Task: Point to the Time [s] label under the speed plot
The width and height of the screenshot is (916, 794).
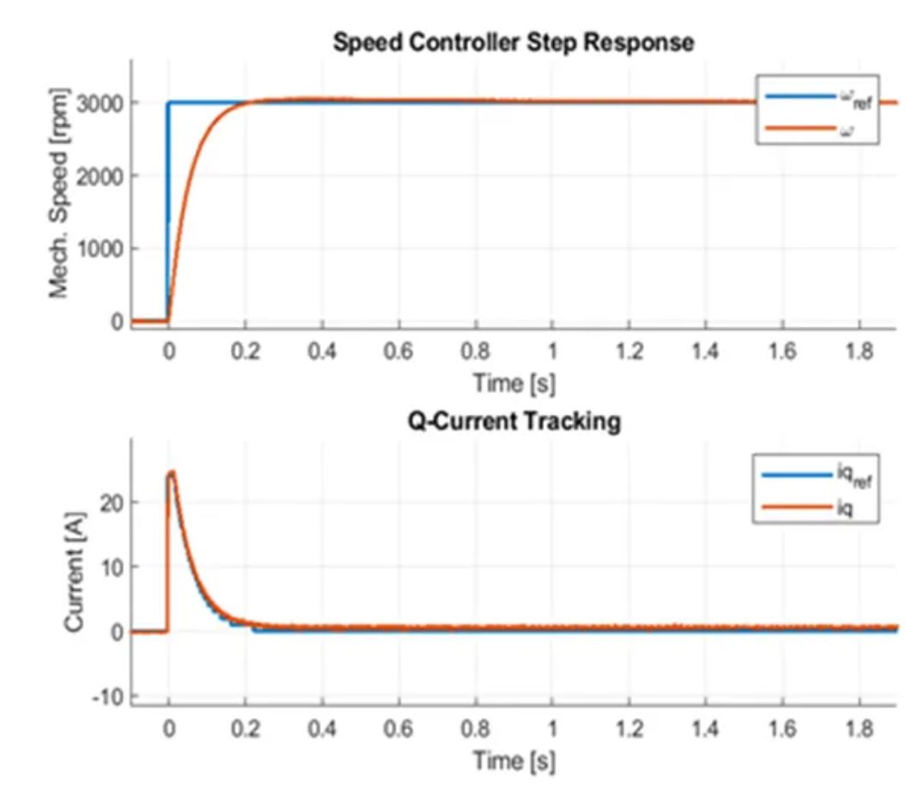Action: click(x=514, y=382)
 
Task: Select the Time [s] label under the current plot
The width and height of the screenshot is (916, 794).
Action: click(x=514, y=760)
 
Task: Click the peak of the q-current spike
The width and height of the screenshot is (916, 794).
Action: click(x=172, y=472)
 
